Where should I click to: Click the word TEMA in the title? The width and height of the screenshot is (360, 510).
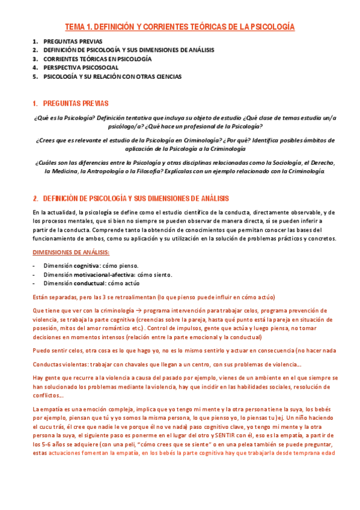click(76, 27)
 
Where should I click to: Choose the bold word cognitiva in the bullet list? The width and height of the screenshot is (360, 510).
click(88, 266)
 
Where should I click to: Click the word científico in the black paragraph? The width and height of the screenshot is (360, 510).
click(174, 212)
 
